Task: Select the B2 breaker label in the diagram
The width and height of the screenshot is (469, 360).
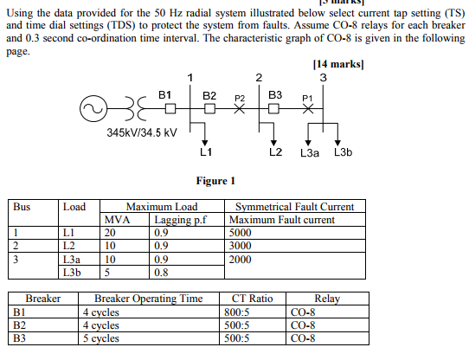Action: coord(209,93)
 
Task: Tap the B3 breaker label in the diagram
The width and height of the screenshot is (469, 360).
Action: coord(275,93)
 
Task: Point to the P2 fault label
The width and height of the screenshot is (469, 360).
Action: coord(241,98)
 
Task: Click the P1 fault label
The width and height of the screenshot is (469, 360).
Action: coord(305,98)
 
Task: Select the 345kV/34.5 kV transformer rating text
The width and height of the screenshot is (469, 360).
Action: coord(142,132)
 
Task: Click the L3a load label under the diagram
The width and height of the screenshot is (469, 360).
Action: coord(310,153)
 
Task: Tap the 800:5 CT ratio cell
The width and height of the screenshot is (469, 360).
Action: coord(237,312)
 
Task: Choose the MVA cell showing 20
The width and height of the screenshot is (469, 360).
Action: coord(110,232)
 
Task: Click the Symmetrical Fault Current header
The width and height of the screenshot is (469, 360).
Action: coord(294,207)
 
